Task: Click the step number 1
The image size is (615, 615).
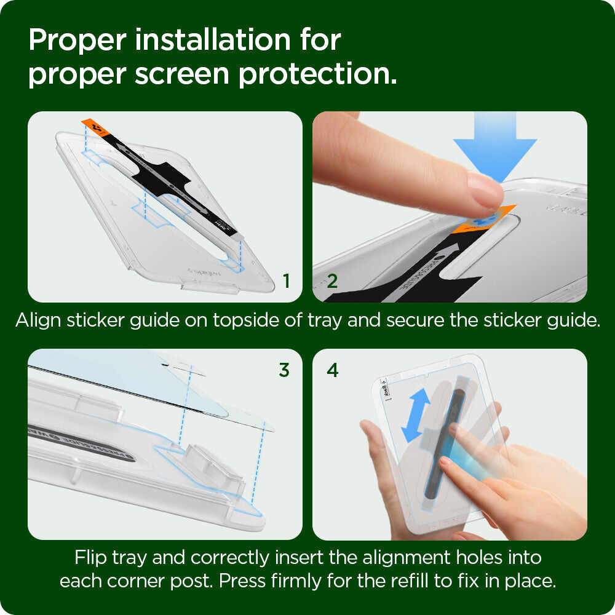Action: click(286, 281)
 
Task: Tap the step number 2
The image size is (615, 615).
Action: click(332, 281)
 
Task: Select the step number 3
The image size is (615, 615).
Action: click(284, 370)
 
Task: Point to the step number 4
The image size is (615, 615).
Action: click(333, 370)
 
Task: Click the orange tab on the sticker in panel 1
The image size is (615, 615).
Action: click(95, 129)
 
